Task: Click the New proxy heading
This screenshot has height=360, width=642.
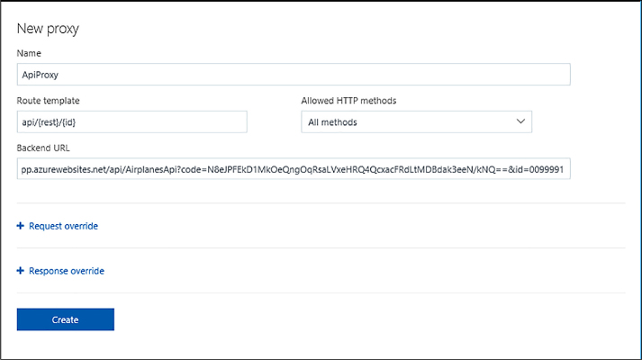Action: pyautogui.click(x=48, y=29)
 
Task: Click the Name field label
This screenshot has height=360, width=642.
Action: pyautogui.click(x=29, y=53)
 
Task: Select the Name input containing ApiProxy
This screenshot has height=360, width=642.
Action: pyautogui.click(x=294, y=75)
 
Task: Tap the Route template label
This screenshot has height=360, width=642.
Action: pyautogui.click(x=48, y=101)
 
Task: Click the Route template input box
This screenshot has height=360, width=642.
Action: pyautogui.click(x=131, y=121)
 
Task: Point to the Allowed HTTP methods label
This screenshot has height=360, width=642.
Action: pyautogui.click(x=348, y=101)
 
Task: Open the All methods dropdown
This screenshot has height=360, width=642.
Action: pyautogui.click(x=416, y=121)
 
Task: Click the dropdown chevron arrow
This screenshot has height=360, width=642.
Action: pyautogui.click(x=520, y=121)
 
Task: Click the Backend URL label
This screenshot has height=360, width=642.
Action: pyautogui.click(x=43, y=148)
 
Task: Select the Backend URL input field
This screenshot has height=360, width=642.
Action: pyautogui.click(x=294, y=169)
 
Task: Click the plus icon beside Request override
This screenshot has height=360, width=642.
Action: pyautogui.click(x=20, y=226)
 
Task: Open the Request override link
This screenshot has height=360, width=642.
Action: pyautogui.click(x=63, y=226)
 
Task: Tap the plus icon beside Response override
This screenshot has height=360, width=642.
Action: pyautogui.click(x=20, y=271)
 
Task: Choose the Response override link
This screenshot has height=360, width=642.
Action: pyautogui.click(x=67, y=271)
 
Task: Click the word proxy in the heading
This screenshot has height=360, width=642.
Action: pyautogui.click(x=63, y=30)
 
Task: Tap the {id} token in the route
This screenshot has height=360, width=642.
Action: pyautogui.click(x=68, y=122)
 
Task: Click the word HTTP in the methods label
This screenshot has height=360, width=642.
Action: pyautogui.click(x=347, y=101)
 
